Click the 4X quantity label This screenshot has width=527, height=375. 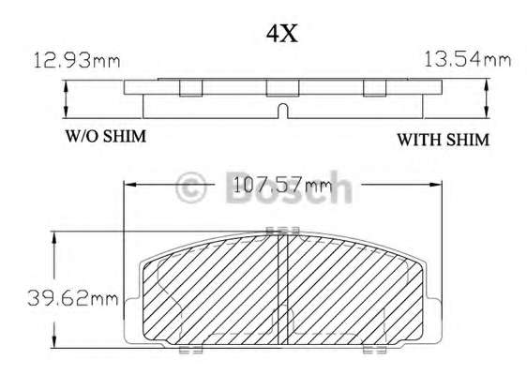pos(282,34)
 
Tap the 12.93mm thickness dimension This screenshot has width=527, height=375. pos(77,61)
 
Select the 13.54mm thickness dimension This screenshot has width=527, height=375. pos(468,59)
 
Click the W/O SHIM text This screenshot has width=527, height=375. pos(106,136)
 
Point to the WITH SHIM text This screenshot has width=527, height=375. pos(443,140)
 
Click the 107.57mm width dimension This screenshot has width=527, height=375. pos(282,185)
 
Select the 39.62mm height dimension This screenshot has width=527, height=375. pos(73,298)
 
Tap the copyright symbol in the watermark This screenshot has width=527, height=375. pos(190,187)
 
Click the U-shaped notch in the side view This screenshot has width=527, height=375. pos(283,111)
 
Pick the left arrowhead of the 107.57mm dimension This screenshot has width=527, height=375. pos(130,185)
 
